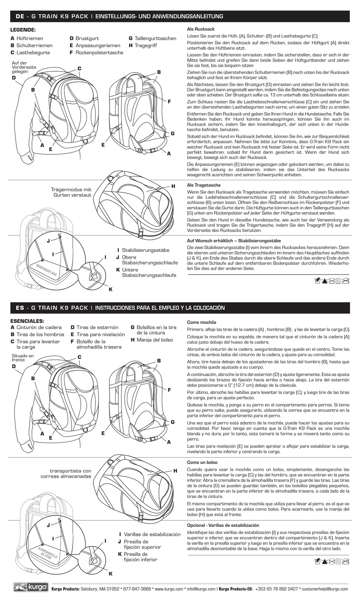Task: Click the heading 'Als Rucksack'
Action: pyautogui.click(x=201, y=29)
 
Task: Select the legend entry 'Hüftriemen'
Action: pyautogui.click(x=30, y=38)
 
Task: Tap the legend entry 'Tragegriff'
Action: pyautogui.click(x=146, y=46)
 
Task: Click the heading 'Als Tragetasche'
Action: pyautogui.click(x=204, y=185)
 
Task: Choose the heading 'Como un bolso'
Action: pyautogui.click(x=202, y=463)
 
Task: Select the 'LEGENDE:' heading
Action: pyautogui.click(x=23, y=30)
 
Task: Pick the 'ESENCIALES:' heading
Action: pyautogui.click(x=27, y=321)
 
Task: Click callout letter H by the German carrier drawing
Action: pyautogui.click(x=173, y=186)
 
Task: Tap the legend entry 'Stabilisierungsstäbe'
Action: pyautogui.click(x=146, y=250)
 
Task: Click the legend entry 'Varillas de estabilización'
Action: pyautogui.click(x=152, y=534)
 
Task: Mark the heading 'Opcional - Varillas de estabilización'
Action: pyautogui.click(x=223, y=525)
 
